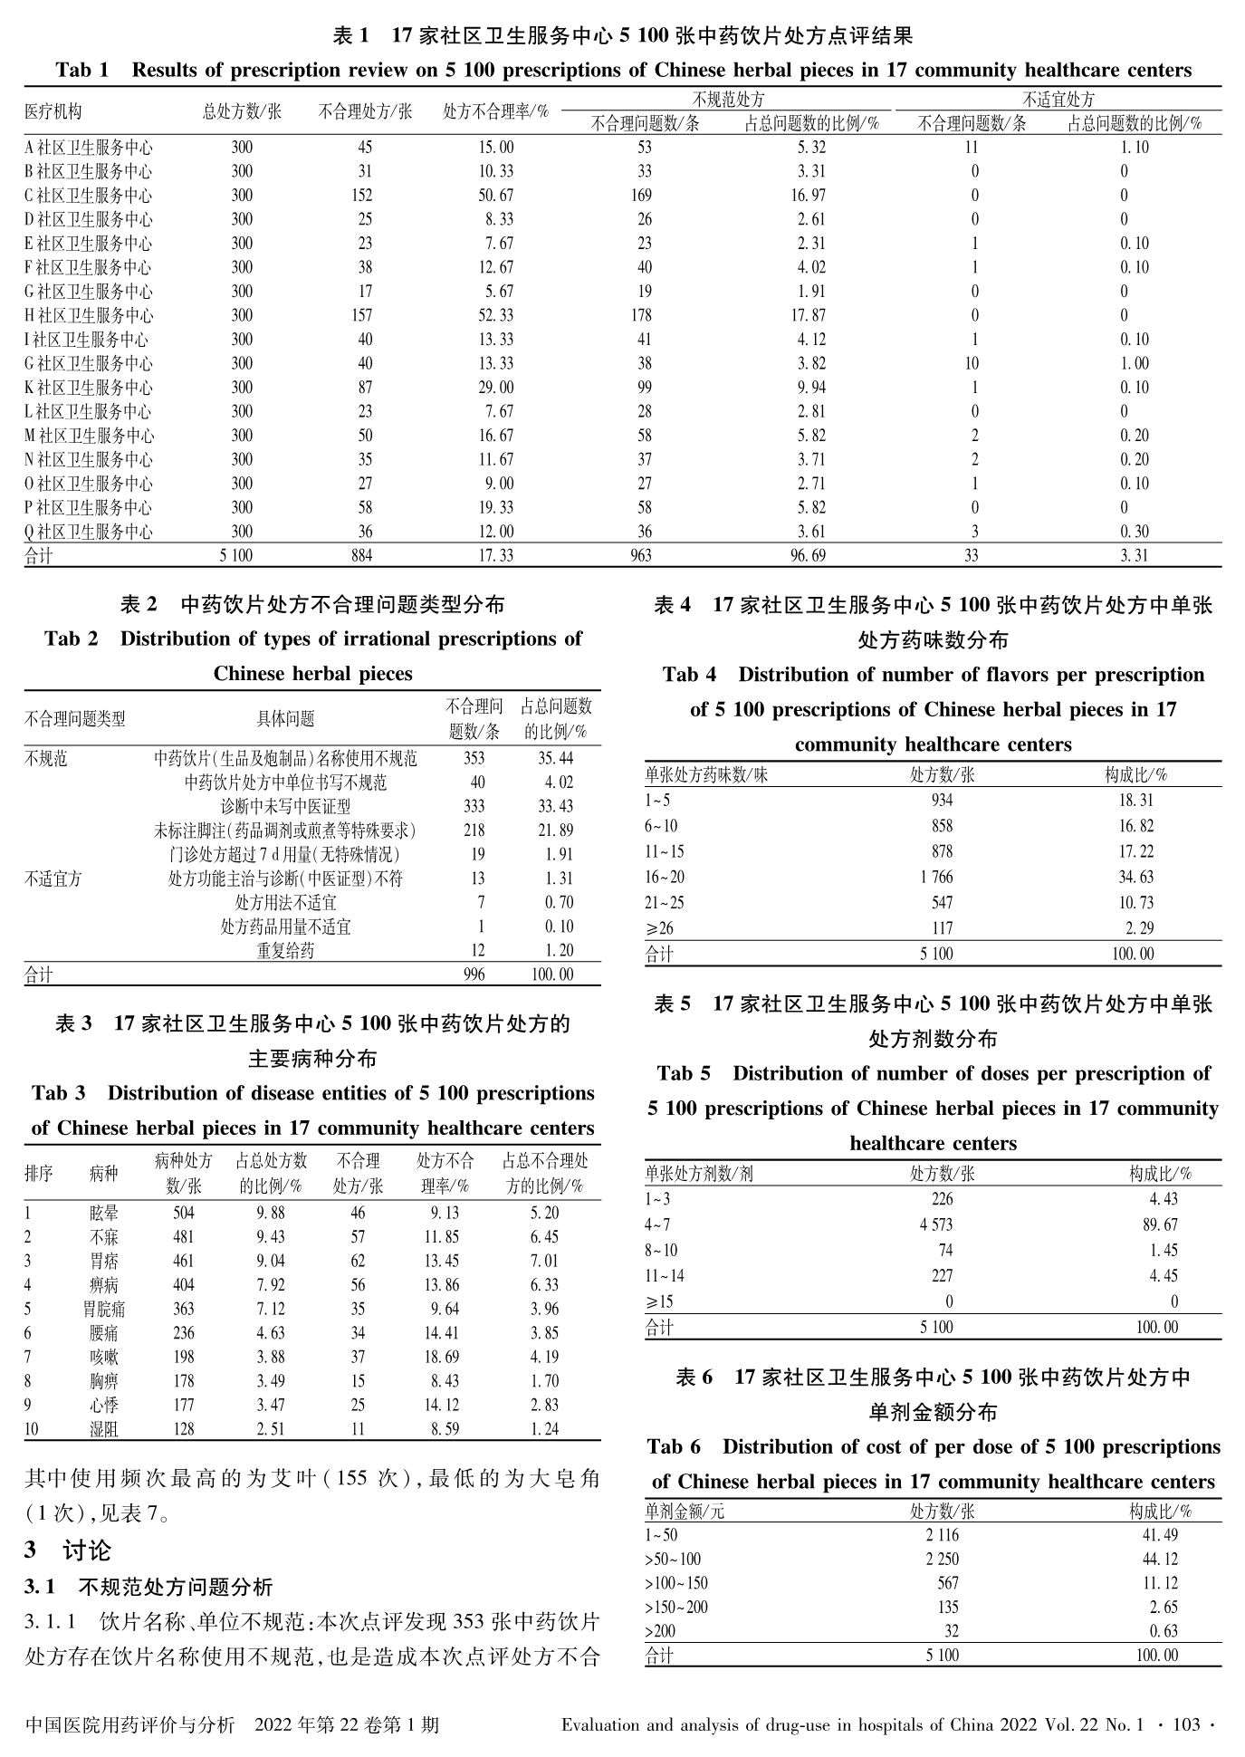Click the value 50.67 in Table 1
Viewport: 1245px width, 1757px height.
pos(495,196)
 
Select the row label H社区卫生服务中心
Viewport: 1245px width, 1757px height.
pos(89,316)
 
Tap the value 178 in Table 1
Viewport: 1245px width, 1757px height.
pos(640,316)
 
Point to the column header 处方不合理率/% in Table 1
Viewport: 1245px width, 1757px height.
pos(495,112)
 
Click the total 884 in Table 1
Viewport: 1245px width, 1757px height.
pos(361,556)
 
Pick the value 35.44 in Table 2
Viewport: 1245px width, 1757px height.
pos(555,758)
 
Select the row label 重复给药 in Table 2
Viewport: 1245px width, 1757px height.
pos(285,951)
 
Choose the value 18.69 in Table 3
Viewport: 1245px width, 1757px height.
pos(444,1358)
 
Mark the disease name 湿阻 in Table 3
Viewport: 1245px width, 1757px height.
pos(103,1430)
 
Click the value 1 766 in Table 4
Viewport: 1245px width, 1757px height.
pos(935,878)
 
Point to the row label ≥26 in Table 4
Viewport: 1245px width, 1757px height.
pos(659,928)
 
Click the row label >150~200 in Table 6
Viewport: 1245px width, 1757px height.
pos(676,1608)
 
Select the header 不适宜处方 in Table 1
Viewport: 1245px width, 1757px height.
pos(1058,100)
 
